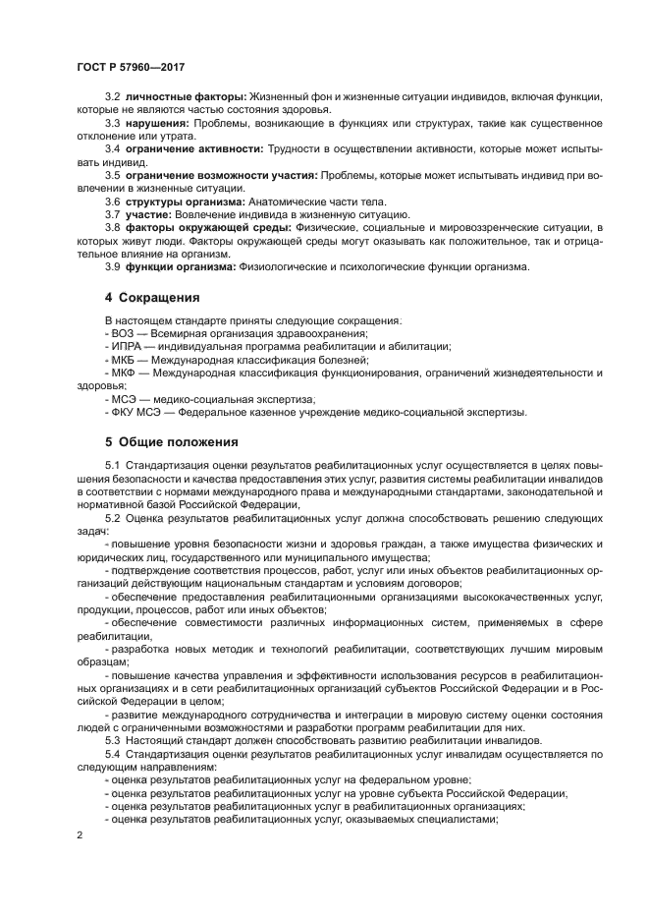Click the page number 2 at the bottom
[x=79, y=834]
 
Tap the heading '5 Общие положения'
[x=172, y=441]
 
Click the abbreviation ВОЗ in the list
[x=123, y=334]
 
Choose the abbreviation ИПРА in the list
[x=127, y=347]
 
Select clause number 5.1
[x=113, y=463]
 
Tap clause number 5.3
[x=113, y=739]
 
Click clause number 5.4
[x=113, y=753]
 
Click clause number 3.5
[x=113, y=175]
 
